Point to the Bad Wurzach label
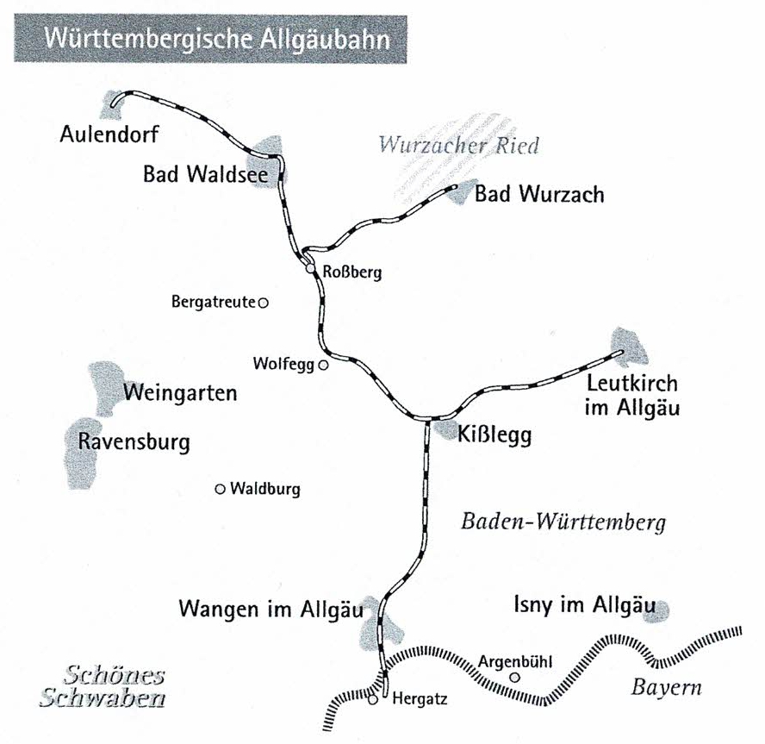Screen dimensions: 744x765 [539, 194]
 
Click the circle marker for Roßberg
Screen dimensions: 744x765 [310, 269]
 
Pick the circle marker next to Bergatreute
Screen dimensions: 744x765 [264, 303]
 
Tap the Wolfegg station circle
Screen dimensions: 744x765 [323, 365]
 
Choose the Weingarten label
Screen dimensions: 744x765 [180, 394]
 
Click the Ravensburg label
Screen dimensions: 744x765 [134, 442]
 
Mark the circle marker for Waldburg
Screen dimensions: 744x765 [220, 490]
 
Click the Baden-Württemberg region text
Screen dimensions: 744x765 [564, 522]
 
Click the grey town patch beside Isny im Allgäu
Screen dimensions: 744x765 [661, 609]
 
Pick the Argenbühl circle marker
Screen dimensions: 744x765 [515, 678]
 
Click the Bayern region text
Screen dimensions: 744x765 [667, 688]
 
